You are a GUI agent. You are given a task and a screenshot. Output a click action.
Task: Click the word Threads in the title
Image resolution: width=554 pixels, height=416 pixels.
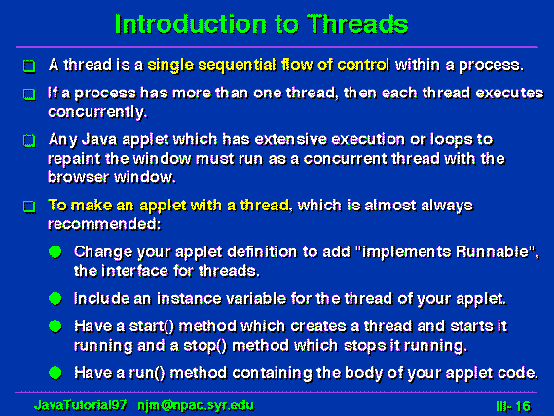click(x=357, y=24)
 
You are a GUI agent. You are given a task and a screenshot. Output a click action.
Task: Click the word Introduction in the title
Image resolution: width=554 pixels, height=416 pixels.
click(x=191, y=24)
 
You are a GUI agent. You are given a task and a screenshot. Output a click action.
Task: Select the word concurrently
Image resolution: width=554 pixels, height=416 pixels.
click(x=97, y=112)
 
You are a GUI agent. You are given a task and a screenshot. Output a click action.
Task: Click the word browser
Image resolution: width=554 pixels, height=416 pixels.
click(x=79, y=177)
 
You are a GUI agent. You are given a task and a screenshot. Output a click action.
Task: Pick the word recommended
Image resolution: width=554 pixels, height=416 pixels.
click(x=104, y=224)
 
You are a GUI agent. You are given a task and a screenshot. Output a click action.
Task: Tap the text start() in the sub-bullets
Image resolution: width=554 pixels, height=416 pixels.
click(x=152, y=326)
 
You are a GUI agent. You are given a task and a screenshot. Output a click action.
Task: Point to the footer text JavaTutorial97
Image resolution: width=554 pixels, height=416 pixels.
click(x=81, y=405)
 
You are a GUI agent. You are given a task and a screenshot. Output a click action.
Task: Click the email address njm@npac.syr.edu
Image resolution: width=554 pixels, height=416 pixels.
click(x=196, y=405)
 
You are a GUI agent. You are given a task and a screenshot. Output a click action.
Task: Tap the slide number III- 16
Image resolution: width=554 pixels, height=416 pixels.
click(x=513, y=406)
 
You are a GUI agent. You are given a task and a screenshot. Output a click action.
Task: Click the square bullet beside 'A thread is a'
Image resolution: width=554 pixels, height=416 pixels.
click(x=29, y=66)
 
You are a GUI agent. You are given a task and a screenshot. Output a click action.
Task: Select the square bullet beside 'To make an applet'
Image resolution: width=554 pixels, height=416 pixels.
click(x=29, y=207)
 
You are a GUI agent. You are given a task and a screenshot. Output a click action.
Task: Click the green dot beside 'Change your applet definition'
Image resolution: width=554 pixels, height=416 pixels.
click(x=55, y=252)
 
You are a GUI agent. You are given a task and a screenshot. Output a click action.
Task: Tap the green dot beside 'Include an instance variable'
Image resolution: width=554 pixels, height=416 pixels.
click(x=55, y=299)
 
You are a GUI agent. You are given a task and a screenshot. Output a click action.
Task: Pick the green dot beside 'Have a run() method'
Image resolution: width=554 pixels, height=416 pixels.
click(x=55, y=373)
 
